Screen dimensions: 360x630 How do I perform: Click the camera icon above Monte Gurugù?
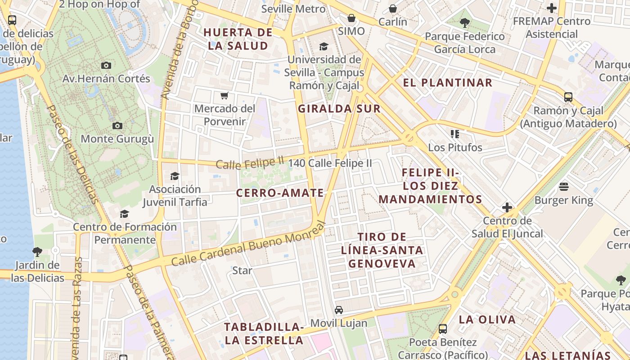pos(117,126)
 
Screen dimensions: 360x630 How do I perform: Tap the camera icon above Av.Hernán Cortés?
pos(106,65)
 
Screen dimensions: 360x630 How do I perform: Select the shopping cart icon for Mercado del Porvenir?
pos(224,95)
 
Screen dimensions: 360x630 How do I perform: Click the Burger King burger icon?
pos(564,187)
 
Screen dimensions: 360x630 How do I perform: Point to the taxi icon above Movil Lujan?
pos(339,310)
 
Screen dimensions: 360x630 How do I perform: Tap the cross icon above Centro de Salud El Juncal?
pos(507,207)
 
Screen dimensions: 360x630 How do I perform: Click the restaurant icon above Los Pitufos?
pos(455,134)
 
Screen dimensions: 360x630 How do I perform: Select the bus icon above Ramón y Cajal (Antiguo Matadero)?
pos(568,97)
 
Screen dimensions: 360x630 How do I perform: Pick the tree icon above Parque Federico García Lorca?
pos(465,22)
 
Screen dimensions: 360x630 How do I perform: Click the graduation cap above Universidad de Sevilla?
pos(324,46)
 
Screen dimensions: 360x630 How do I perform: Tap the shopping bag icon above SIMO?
pos(351,18)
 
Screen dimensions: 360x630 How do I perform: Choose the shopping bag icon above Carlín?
pos(393,8)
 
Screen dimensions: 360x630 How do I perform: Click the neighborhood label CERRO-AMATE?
pos(280,193)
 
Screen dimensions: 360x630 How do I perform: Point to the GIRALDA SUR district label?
pos(339,108)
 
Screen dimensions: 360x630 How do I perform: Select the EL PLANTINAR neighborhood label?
pos(448,83)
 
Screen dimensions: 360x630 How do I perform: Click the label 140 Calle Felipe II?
pos(330,163)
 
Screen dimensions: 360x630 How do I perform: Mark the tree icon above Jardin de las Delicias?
pos(37,252)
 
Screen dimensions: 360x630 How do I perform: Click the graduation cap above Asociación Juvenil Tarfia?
pos(175,176)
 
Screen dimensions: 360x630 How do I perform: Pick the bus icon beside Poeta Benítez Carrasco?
pos(443,329)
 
